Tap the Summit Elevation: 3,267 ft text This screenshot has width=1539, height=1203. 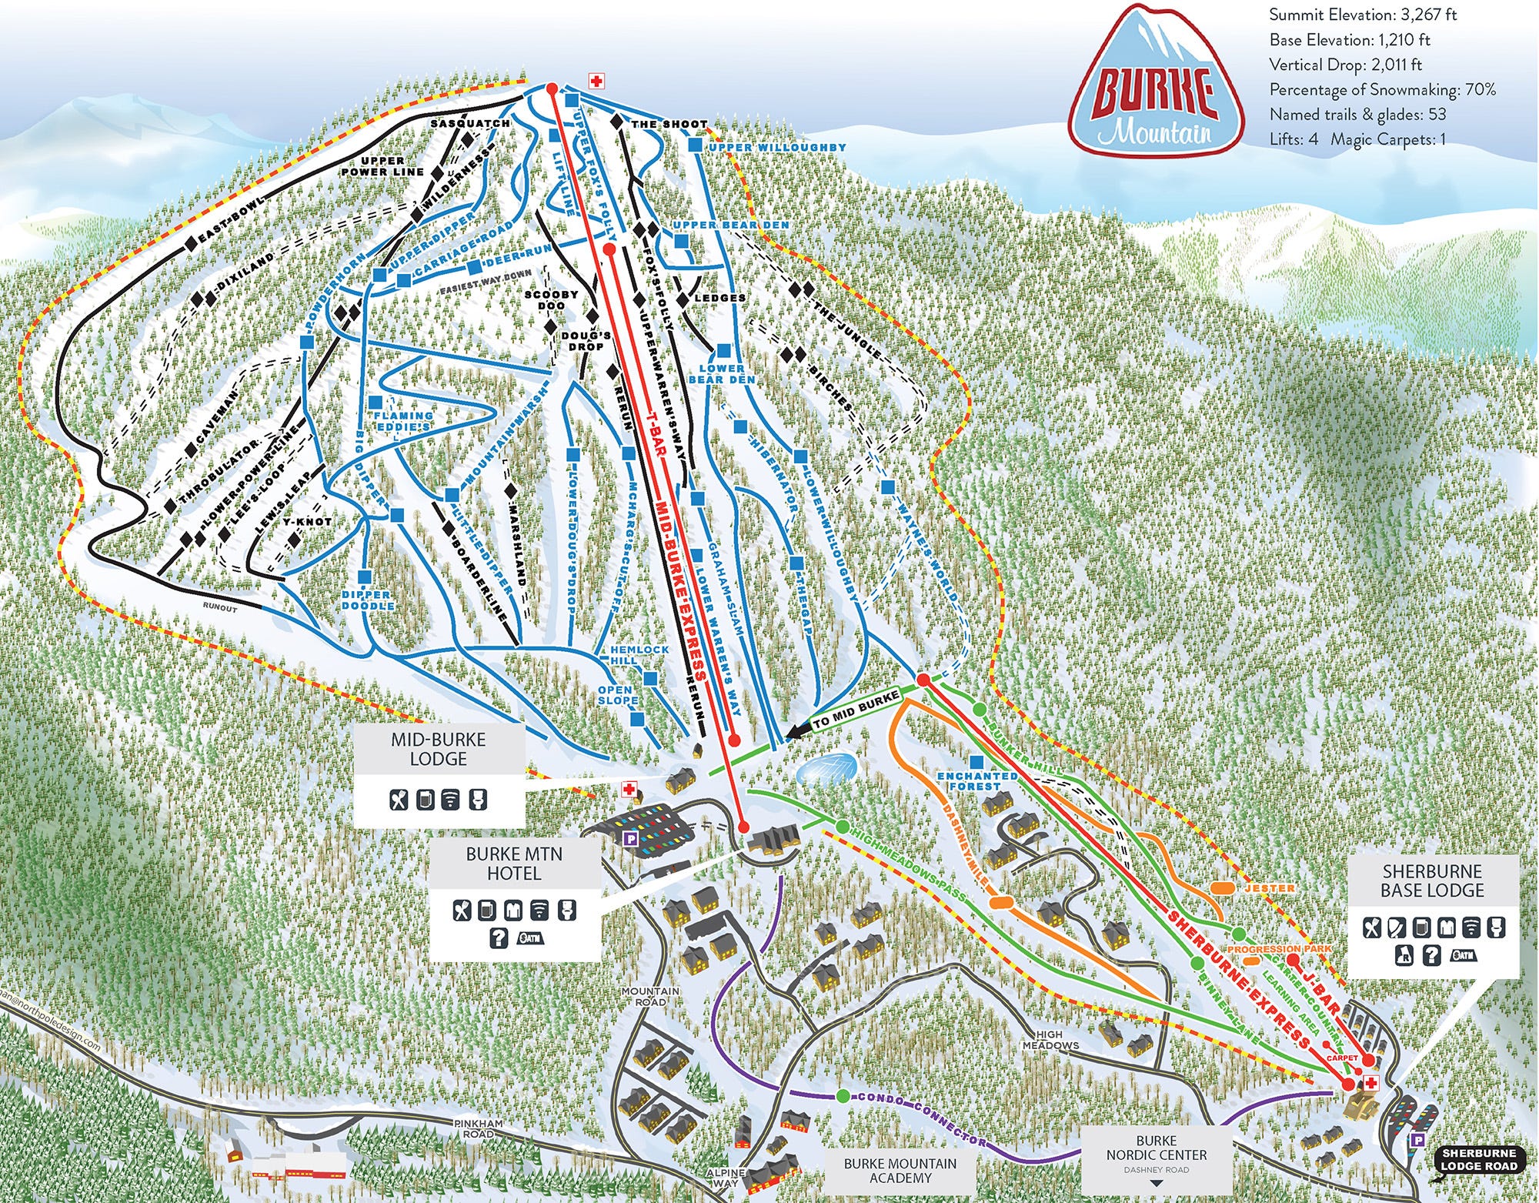pos(1363,15)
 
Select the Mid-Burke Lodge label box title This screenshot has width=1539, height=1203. pos(438,749)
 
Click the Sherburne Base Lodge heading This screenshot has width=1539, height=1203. pos(1431,881)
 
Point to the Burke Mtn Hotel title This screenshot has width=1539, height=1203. pos(513,864)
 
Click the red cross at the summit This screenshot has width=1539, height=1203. pos(595,80)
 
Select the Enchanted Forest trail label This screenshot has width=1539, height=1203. pos(976,781)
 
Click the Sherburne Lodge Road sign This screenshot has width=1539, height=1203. pos(1478,1159)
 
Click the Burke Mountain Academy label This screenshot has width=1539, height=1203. pos(900,1171)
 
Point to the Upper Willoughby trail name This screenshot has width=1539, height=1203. pos(776,147)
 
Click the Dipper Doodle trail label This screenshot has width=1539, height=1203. pos(368,600)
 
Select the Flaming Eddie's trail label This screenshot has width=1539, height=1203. pos(402,420)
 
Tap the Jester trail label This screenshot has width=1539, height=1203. pos(1269,887)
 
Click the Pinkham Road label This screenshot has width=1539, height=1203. pos(478,1128)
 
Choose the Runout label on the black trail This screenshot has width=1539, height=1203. pos(220,608)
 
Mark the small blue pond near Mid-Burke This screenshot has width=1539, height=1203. pos(827,767)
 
